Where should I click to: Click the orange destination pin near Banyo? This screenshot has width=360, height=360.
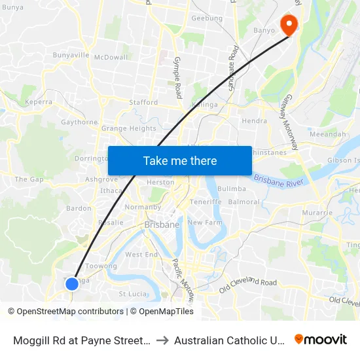[x=288, y=25]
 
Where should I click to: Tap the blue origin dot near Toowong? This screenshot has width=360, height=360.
[x=72, y=284]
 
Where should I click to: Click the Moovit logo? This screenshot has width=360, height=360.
[x=321, y=340]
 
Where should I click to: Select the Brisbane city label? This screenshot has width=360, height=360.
[x=162, y=225]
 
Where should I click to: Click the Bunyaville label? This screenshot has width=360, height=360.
[x=71, y=55]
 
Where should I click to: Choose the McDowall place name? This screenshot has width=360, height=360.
[x=111, y=58]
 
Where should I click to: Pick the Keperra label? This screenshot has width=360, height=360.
[x=38, y=102]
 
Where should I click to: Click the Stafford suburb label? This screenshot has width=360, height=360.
[x=143, y=103]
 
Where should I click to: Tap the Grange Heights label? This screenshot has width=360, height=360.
[x=129, y=128]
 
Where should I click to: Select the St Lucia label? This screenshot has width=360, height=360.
[x=130, y=293]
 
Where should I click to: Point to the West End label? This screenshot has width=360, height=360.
[x=141, y=254]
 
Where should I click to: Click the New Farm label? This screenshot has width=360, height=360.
[x=205, y=223]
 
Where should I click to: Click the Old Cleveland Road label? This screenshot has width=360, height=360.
[x=248, y=282]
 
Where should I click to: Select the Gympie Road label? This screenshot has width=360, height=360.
[x=177, y=77]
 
